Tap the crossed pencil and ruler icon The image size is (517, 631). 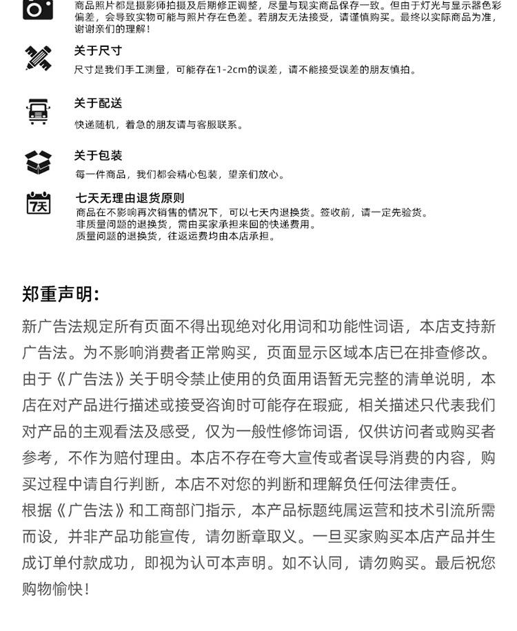pos(37,59)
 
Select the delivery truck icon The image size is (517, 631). pos(37,111)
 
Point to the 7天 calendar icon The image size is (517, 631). pos(38,203)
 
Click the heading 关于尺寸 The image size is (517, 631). pos(98,51)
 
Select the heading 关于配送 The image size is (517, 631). pos(98,103)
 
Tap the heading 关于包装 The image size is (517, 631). pos(98,156)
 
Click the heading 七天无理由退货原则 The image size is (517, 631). pos(130,199)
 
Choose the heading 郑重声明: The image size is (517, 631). pos(61,295)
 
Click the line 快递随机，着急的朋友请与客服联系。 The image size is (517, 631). pos(159,125)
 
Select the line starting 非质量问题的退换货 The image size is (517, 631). pos(196,224)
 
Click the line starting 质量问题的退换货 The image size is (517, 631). pos(175,237)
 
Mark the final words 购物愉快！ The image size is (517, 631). pos(56,590)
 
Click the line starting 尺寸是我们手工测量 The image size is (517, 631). pos(245,70)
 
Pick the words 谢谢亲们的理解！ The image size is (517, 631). pos(112,30)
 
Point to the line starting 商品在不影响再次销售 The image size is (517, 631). pos(252,212)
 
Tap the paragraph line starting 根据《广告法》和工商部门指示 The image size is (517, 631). pos(258,511)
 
